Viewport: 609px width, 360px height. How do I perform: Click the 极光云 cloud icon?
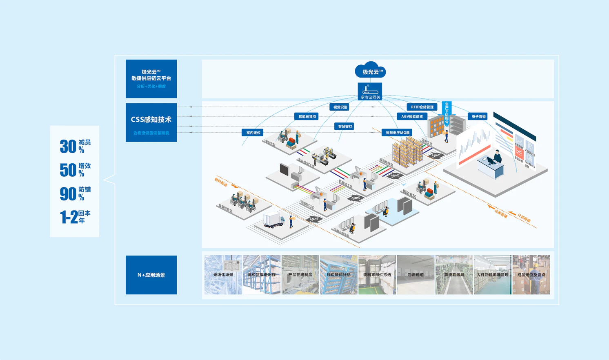[x=370, y=71]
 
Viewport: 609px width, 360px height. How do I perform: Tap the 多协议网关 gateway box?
[x=370, y=91]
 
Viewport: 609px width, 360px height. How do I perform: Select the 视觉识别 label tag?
[x=340, y=107]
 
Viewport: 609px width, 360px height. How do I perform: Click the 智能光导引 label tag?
[x=307, y=117]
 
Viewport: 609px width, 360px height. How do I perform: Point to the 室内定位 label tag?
[x=253, y=133]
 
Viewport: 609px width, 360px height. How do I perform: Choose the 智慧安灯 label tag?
[x=345, y=127]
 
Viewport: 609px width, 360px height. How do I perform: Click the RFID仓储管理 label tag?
[x=422, y=107]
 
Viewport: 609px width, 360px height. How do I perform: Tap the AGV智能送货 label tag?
[x=412, y=117]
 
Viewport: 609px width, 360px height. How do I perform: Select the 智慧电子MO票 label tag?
[x=397, y=133]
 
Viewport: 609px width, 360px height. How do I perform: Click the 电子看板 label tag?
[x=478, y=117]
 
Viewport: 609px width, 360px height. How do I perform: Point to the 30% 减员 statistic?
[x=75, y=146]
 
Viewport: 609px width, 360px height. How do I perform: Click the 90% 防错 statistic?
[x=75, y=193]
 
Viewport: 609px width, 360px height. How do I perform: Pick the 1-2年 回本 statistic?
[x=75, y=217]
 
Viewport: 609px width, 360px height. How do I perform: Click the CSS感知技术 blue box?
[x=151, y=122]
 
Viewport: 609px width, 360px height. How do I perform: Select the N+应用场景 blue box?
[x=151, y=275]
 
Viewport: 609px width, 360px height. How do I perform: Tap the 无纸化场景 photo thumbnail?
[x=223, y=275]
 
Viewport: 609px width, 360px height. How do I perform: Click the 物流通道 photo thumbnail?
[x=416, y=275]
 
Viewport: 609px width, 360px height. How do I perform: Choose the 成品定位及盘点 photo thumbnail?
[x=531, y=275]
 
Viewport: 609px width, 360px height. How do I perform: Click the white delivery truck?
[x=274, y=220]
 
